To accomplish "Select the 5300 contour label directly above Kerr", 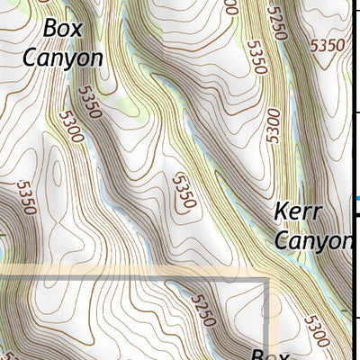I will [x=273, y=127].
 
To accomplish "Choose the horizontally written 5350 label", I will [x=325, y=44].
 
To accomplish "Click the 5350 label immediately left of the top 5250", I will [x=256, y=56].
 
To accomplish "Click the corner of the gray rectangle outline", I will [x=267, y=281].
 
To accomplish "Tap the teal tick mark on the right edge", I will [x=357, y=199].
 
